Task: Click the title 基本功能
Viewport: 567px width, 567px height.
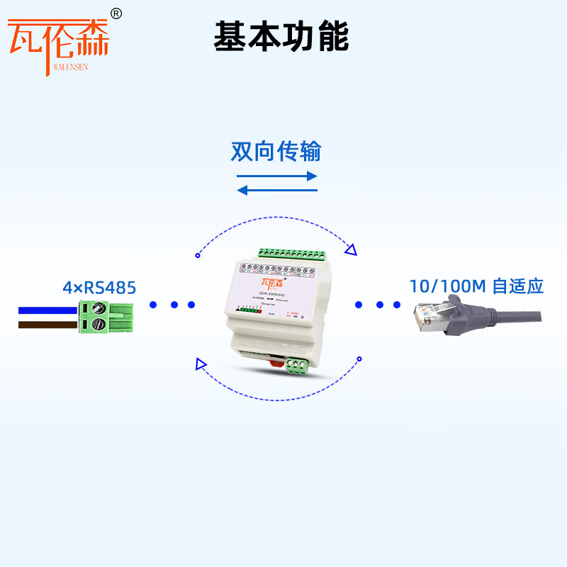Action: coord(281,36)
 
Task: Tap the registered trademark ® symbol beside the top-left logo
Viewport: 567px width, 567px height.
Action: coord(117,13)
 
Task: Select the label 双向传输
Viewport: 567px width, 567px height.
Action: coord(276,151)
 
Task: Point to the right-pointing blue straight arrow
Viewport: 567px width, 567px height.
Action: coord(276,176)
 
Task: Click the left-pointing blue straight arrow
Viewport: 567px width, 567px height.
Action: coord(276,190)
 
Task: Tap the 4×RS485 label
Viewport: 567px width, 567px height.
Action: coord(99,288)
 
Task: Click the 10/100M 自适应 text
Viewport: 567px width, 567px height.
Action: coord(476,286)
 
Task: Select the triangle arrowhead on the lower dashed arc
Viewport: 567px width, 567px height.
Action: coord(201,365)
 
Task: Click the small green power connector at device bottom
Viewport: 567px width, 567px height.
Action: coord(297,366)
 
